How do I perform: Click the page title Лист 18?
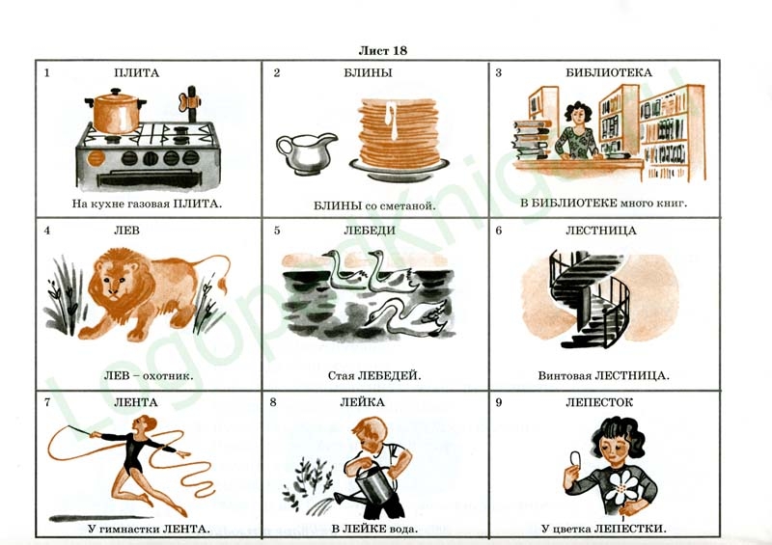point(382,51)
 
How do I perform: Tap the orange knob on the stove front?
point(96,158)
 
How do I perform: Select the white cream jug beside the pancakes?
point(305,152)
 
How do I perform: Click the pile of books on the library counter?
point(531,139)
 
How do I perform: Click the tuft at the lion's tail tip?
point(223,286)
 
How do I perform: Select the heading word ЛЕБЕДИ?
point(370,231)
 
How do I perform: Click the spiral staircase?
point(589,298)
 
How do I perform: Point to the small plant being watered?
point(304,481)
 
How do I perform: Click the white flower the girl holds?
point(622,486)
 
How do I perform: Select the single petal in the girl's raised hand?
point(575,459)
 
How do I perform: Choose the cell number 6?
point(498,231)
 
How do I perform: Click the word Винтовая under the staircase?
point(565,376)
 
